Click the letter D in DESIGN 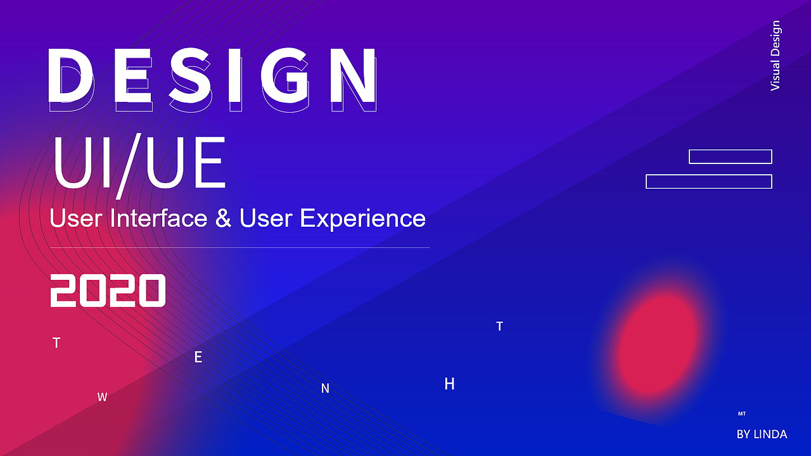[x=70, y=75]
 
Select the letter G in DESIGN [x=285, y=75]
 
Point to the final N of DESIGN [x=354, y=75]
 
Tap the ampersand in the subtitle [x=223, y=218]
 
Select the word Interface [x=158, y=218]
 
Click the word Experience [x=363, y=219]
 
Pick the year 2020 [x=108, y=291]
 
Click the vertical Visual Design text [x=775, y=55]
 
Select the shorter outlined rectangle [x=731, y=156]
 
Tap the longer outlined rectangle [x=709, y=181]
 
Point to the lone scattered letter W [x=102, y=397]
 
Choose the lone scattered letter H [x=449, y=384]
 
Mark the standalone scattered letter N [x=325, y=388]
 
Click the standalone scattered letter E [x=198, y=357]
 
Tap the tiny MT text [x=742, y=414]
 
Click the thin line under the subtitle [x=239, y=248]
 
